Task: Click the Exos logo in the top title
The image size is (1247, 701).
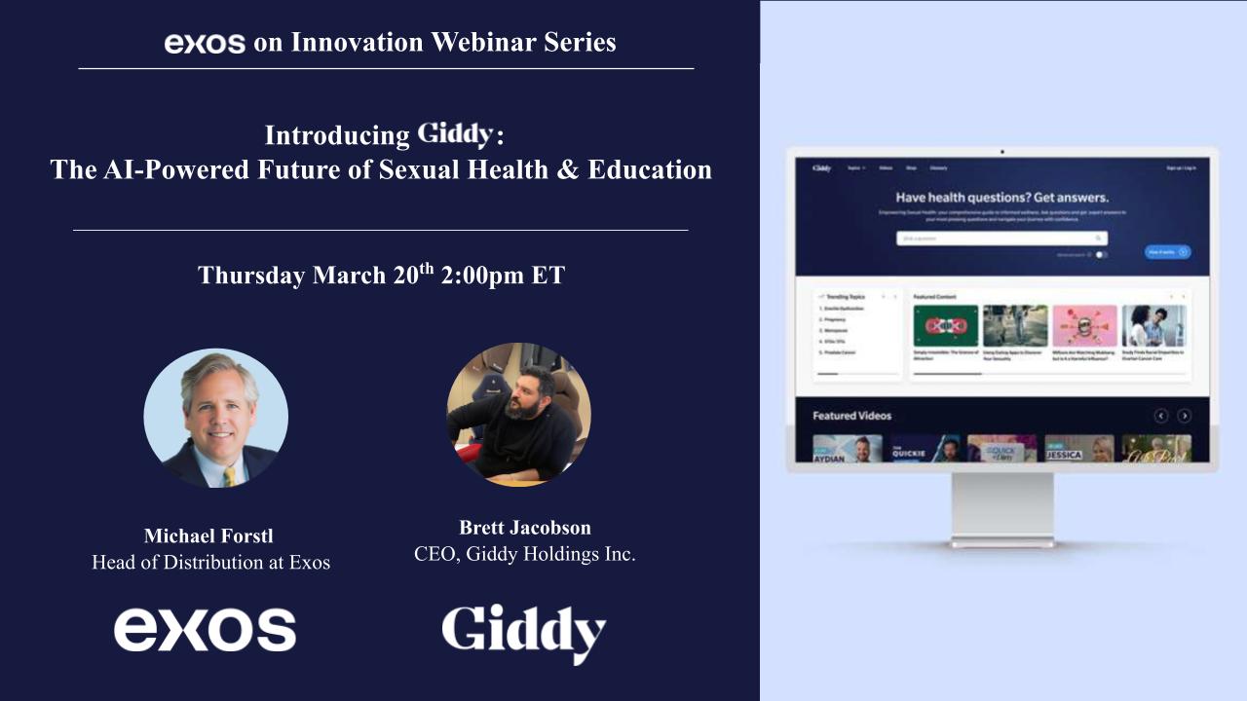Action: click(x=205, y=44)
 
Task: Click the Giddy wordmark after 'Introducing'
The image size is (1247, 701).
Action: click(x=456, y=133)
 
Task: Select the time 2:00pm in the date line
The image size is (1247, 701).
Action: click(x=482, y=276)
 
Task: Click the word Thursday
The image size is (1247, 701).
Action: click(x=250, y=276)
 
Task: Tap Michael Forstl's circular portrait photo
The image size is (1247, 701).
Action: click(x=216, y=418)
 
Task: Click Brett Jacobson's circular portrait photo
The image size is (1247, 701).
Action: click(x=518, y=414)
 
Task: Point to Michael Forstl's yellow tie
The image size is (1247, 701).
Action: click(x=229, y=475)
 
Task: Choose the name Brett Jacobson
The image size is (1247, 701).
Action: click(x=524, y=528)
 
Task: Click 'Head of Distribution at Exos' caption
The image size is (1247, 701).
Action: click(x=210, y=563)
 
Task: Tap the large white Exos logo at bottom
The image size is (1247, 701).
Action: click(x=205, y=630)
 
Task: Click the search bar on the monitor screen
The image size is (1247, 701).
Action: click(x=1001, y=238)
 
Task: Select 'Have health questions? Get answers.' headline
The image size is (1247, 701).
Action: click(x=1001, y=198)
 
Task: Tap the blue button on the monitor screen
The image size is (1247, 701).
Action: click(x=1167, y=251)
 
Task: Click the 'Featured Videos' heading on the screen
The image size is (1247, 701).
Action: click(x=851, y=416)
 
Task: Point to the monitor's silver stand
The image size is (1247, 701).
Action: click(x=1001, y=506)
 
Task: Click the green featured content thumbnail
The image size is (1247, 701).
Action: click(x=946, y=326)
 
